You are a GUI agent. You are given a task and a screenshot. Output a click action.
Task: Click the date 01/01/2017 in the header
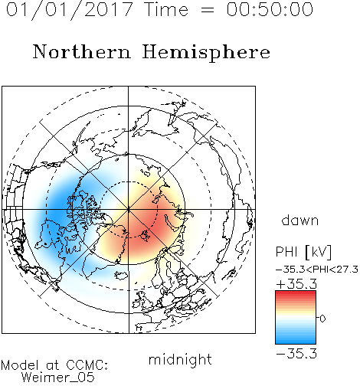coord(70,10)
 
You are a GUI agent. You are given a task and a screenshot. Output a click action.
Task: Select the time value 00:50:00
coord(270,9)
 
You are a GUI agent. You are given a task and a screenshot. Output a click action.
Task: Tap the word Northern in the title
coord(82,51)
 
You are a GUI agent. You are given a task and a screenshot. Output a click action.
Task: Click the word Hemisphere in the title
coord(206,53)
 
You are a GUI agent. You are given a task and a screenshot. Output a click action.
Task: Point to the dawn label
coord(300,220)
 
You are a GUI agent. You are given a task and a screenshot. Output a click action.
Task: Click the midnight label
coord(180,359)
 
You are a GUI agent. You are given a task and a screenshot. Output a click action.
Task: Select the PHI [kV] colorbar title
coord(303,252)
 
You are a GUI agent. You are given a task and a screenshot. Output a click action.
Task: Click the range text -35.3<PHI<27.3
coord(317,270)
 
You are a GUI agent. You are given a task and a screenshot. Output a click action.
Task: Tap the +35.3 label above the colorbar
coord(296,284)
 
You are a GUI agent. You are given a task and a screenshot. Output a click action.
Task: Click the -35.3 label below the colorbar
coord(296,354)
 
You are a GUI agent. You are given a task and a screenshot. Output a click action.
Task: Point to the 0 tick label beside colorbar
coord(322,319)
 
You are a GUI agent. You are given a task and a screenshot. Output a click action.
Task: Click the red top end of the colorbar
coord(296,293)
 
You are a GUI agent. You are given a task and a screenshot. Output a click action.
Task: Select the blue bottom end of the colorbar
coord(296,341)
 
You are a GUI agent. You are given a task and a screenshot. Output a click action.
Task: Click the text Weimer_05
coord(58,377)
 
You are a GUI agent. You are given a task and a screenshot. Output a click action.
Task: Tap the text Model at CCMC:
coord(54,365)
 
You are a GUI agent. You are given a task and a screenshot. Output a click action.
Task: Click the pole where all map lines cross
coord(129,209)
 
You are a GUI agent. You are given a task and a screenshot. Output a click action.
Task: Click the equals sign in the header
coord(208,10)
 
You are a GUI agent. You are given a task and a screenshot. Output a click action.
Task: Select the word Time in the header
coord(166,9)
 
